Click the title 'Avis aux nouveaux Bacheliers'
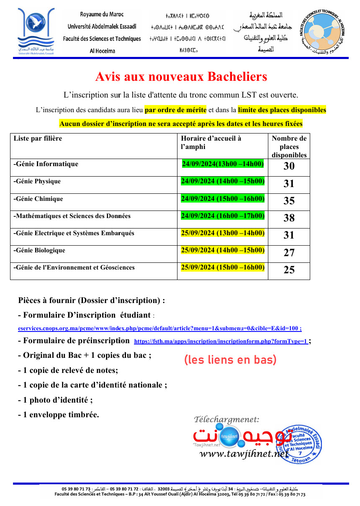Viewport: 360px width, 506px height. pyautogui.click(x=181, y=77)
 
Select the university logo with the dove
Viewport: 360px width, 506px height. pyautogui.click(x=36, y=31)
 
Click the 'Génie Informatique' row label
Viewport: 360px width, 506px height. pyautogui.click(x=46, y=164)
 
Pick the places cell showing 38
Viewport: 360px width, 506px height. pyautogui.click(x=289, y=218)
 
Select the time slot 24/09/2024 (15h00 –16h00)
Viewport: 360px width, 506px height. pyautogui.click(x=222, y=199)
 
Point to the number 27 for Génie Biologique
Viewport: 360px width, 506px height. pyautogui.click(x=289, y=253)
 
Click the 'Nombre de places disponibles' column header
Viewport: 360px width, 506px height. pyautogui.click(x=289, y=146)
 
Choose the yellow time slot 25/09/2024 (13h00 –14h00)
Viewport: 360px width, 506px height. pyautogui.click(x=222, y=233)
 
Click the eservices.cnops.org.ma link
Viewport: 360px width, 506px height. pyautogui.click(x=160, y=329)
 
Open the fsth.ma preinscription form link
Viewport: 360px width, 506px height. pyautogui.click(x=221, y=342)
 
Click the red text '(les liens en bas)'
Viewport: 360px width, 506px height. pyautogui.click(x=230, y=360)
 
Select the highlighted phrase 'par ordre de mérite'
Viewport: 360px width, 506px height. pyautogui.click(x=175, y=110)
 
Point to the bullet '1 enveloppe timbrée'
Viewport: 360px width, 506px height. pyautogui.click(x=59, y=415)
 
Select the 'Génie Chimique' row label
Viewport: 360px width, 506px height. pyautogui.click(x=39, y=199)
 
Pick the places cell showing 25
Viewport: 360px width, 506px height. pyautogui.click(x=289, y=270)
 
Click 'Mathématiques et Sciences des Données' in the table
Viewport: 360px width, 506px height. pyautogui.click(x=72, y=216)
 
